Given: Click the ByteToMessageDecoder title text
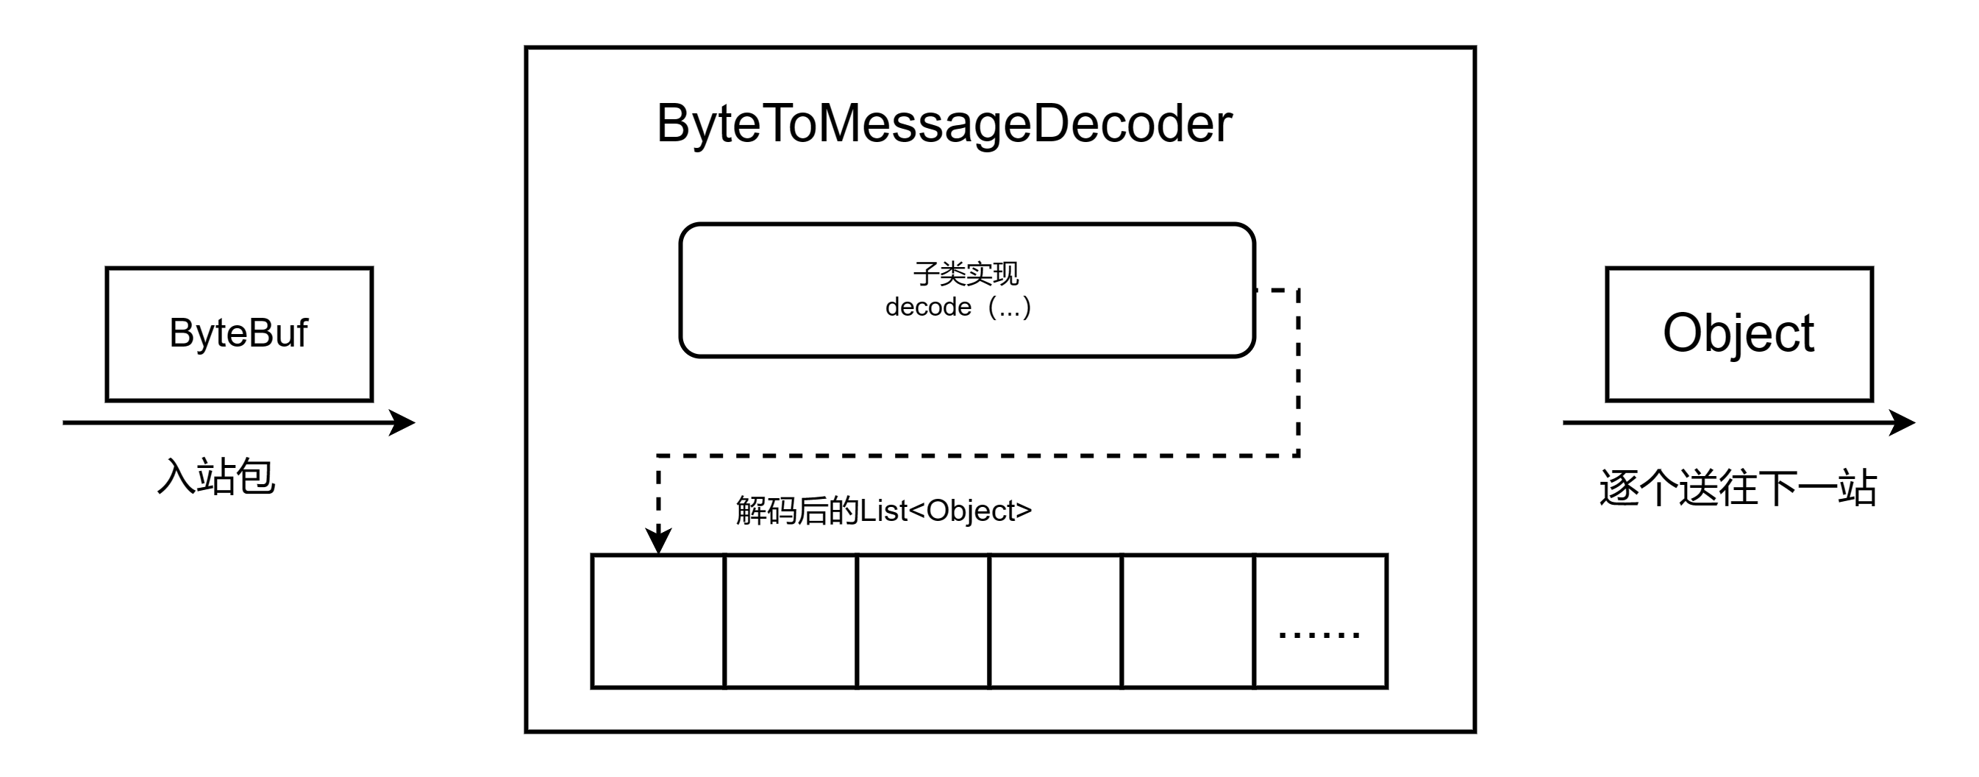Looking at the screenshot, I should pyautogui.click(x=944, y=124).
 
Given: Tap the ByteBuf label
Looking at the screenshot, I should pyautogui.click(x=238, y=333).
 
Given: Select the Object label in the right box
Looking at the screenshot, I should pyautogui.click(x=1738, y=333).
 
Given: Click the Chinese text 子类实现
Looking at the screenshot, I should pyautogui.click(x=966, y=273).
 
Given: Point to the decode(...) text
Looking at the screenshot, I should pyautogui.click(x=958, y=308).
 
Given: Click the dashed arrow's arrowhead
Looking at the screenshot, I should pyautogui.click(x=658, y=540).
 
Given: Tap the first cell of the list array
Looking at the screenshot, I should pyautogui.click(x=658, y=621).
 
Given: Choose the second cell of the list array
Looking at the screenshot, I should pyautogui.click(x=791, y=621).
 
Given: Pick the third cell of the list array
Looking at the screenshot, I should pyautogui.click(x=923, y=621).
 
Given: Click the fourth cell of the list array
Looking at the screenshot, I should pyautogui.click(x=1055, y=621).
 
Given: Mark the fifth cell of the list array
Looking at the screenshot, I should pyautogui.click(x=1188, y=621).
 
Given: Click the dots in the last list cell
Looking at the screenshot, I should pyautogui.click(x=1319, y=635).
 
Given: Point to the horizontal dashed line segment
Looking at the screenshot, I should pyautogui.click(x=976, y=455).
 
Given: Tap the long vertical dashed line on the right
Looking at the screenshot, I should pyautogui.click(x=1298, y=373).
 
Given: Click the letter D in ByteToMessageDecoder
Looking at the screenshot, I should pyautogui.click(x=1055, y=124).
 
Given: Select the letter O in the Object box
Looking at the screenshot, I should pyautogui.click(x=1685, y=333).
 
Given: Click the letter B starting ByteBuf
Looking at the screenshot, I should pyautogui.click(x=182, y=333).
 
